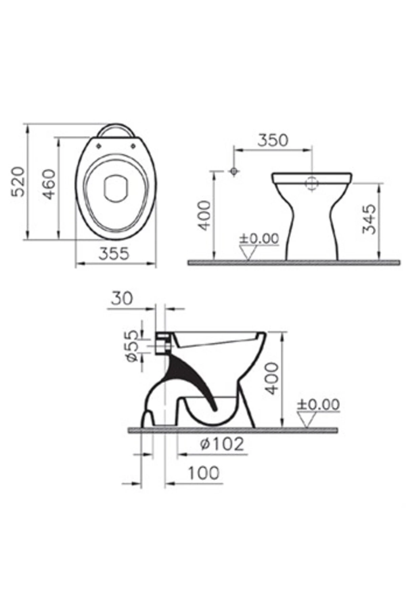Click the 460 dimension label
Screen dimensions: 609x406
(49, 184)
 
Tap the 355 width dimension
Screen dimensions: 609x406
(114, 254)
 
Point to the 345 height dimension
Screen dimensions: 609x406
(369, 219)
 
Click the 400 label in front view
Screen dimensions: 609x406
(204, 216)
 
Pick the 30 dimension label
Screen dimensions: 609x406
(122, 298)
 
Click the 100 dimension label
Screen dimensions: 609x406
(203, 473)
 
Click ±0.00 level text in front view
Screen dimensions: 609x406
(259, 239)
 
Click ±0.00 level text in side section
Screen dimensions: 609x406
(318, 404)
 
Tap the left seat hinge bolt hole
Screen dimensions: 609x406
(99, 146)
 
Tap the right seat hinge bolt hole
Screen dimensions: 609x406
(133, 146)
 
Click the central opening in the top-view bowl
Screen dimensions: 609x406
(116, 188)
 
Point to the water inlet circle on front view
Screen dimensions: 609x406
(312, 184)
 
